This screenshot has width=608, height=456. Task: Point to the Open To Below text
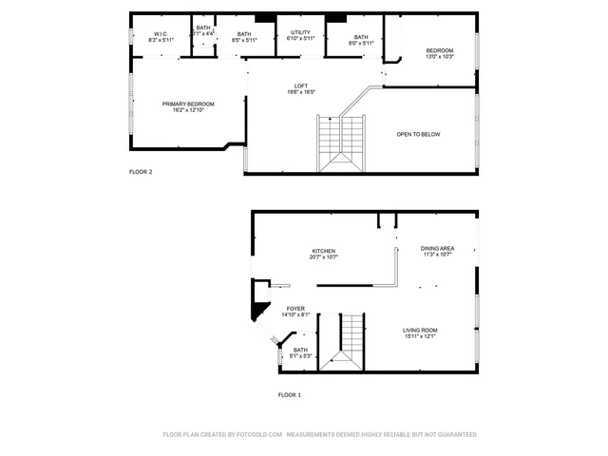pos(418,134)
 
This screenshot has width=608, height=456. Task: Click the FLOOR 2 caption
pos(141,172)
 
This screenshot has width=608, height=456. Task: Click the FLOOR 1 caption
pos(289,394)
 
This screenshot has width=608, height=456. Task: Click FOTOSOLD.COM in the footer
pos(257,433)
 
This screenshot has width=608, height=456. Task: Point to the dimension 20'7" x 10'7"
pos(323,257)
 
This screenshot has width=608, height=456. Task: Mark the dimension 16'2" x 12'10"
pos(188,110)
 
